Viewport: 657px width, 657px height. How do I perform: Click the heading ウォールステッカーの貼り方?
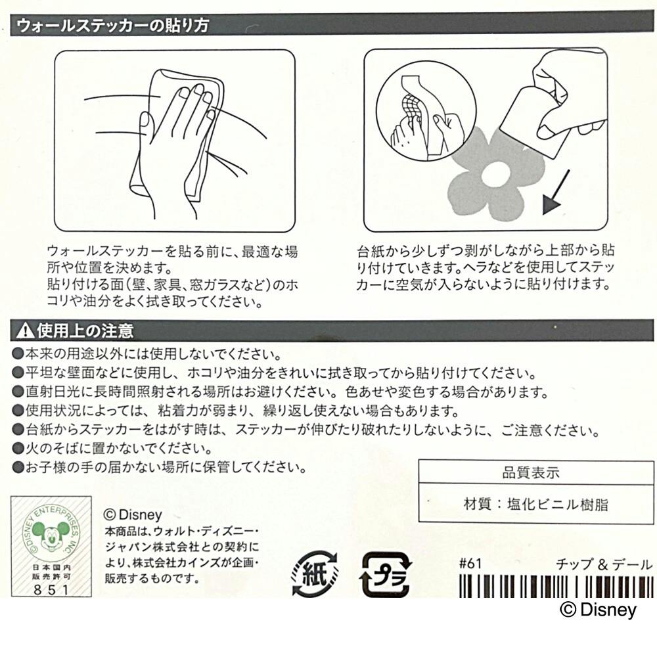tap(113, 26)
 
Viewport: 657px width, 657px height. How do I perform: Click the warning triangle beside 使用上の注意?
tap(26, 331)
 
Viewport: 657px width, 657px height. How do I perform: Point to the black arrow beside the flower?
tap(556, 193)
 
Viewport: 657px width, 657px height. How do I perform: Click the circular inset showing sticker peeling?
tap(426, 111)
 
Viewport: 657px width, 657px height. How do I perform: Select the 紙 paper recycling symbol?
tap(314, 573)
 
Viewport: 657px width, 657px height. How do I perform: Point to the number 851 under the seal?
tap(51, 589)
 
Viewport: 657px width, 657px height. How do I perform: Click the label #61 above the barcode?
tap(470, 564)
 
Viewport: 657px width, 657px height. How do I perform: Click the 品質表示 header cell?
tap(536, 472)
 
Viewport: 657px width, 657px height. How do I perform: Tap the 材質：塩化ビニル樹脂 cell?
tap(536, 504)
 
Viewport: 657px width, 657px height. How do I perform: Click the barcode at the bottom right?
tap(556, 585)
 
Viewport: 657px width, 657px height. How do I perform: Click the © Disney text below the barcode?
tap(598, 610)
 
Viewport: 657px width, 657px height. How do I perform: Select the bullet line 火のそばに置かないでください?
tap(113, 449)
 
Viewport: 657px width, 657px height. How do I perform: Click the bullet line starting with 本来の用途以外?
tap(147, 355)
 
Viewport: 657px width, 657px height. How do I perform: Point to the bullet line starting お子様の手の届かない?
tap(160, 467)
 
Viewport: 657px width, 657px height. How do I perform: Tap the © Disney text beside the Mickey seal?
tap(133, 514)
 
